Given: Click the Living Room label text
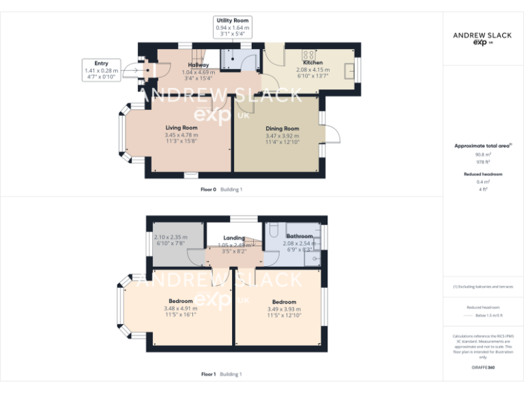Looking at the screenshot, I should click(181, 128).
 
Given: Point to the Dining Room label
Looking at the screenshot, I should click(282, 128).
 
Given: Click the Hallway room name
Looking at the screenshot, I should click(198, 65).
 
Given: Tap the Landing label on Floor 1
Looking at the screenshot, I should click(234, 238).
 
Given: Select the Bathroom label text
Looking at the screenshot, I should click(300, 236).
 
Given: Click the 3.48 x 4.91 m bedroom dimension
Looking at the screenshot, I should click(180, 308).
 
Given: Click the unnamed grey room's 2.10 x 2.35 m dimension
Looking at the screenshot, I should click(171, 237).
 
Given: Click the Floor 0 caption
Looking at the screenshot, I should click(208, 189).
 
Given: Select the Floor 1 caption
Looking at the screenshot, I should click(208, 374).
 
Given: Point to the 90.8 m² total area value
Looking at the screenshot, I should click(483, 155).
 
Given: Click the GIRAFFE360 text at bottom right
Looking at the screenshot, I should click(483, 368).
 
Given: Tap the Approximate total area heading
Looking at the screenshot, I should click(482, 146).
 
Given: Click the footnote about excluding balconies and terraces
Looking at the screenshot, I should click(483, 287).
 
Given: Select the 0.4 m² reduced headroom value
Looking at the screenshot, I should click(483, 182).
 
